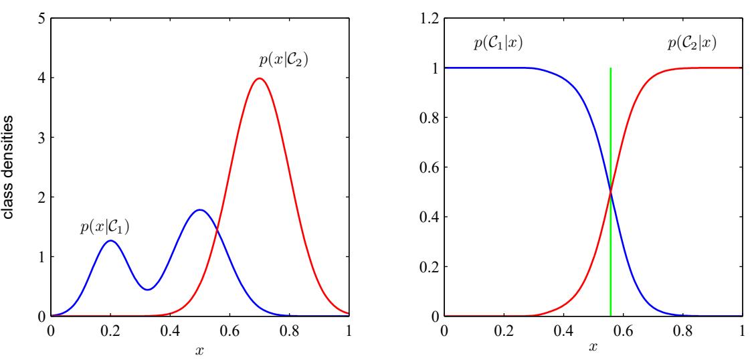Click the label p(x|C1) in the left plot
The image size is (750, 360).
(105, 228)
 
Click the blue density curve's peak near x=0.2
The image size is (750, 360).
(110, 241)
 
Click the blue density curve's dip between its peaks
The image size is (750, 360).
(148, 289)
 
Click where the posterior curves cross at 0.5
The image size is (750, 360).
(611, 192)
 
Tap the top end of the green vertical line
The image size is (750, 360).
(611, 68)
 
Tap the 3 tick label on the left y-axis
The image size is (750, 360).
(41, 138)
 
